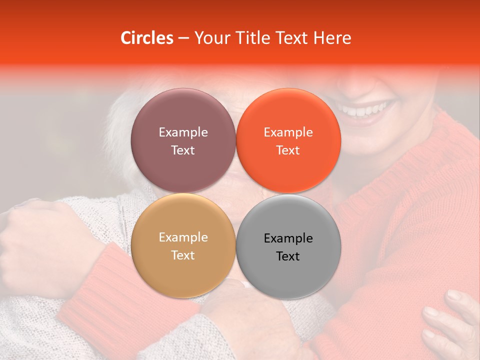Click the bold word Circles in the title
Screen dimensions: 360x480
click(x=147, y=38)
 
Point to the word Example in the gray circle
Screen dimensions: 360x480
click(x=288, y=238)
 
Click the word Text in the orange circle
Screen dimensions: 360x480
click(x=288, y=150)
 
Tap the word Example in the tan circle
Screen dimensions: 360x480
click(x=183, y=237)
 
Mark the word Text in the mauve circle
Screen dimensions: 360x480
click(x=183, y=150)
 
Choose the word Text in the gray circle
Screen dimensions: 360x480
click(x=288, y=256)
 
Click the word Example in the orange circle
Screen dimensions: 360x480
click(x=288, y=132)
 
